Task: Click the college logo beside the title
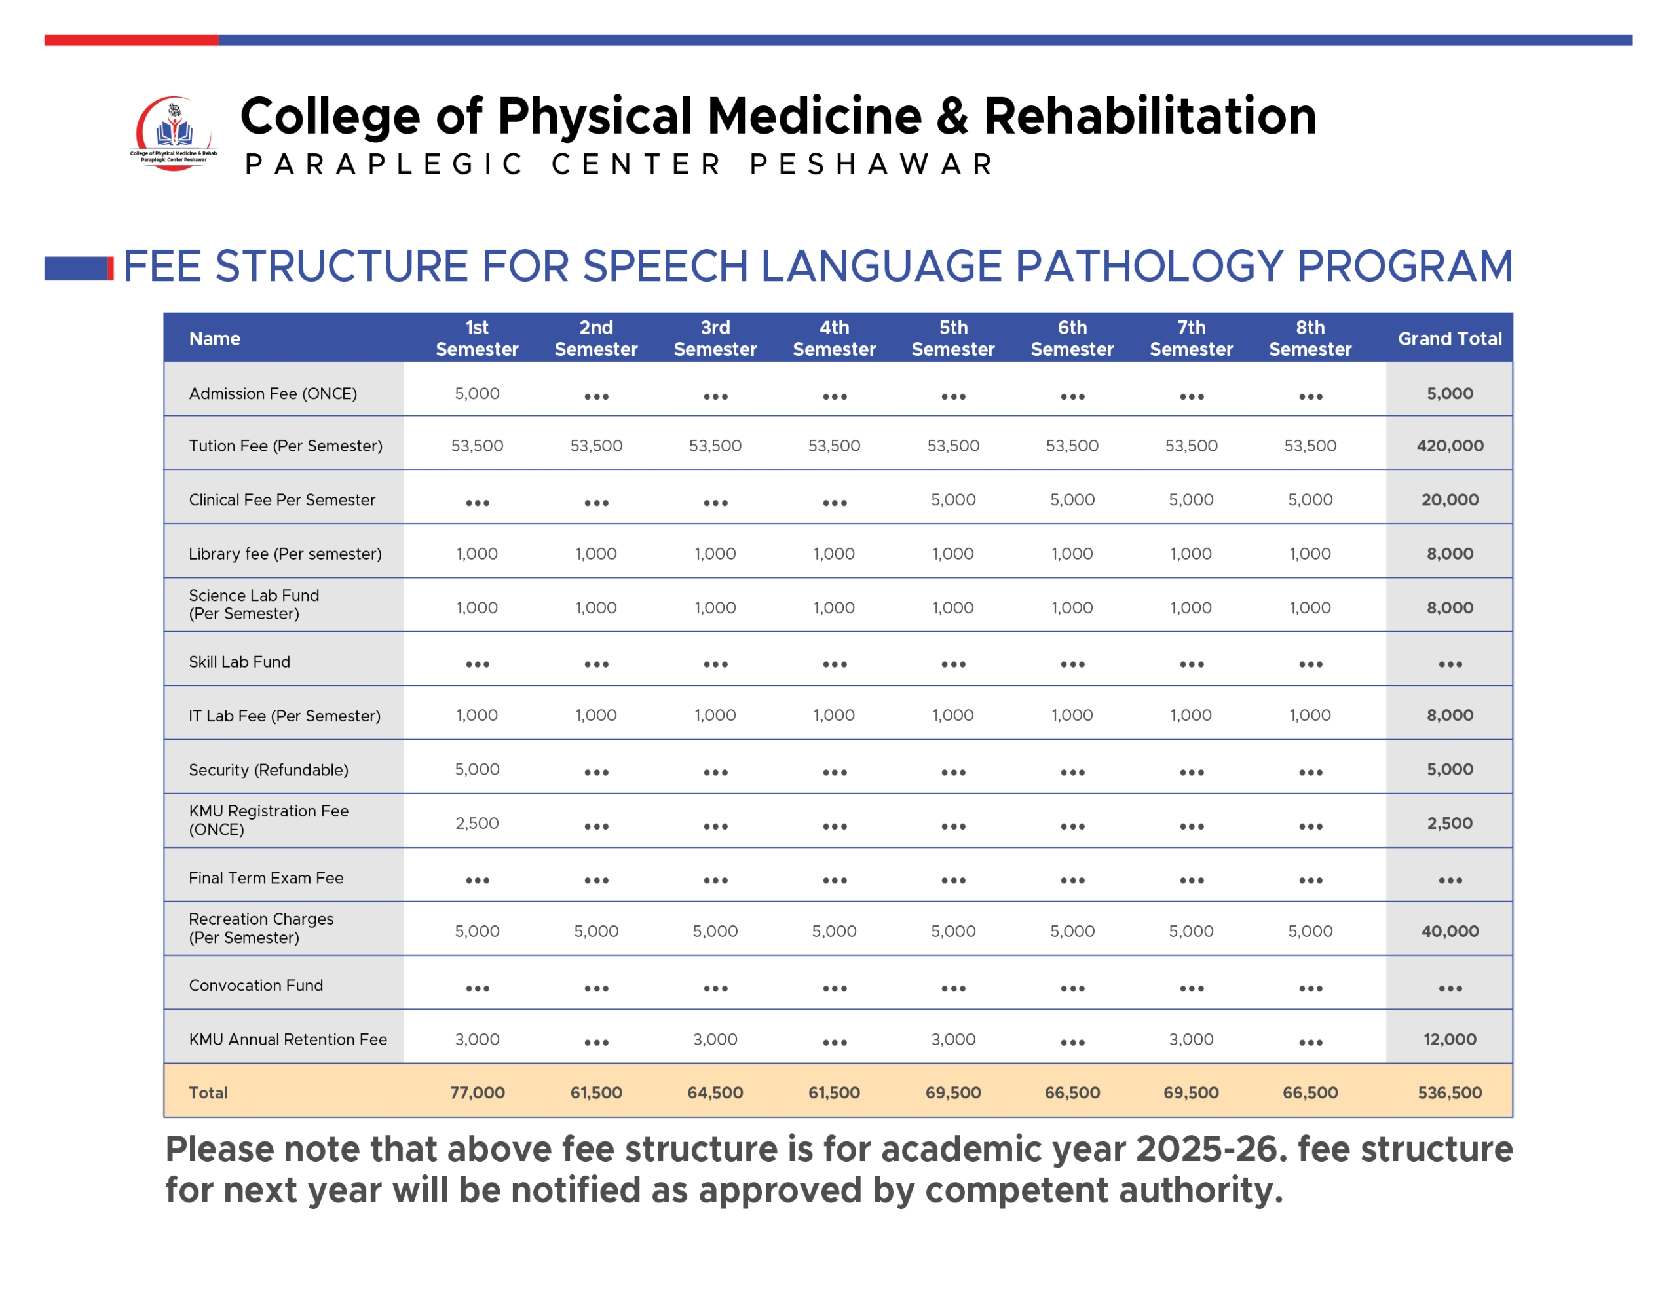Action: tap(174, 133)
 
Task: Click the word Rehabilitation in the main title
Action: tap(1150, 116)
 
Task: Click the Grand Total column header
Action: tap(1450, 339)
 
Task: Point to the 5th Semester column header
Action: tap(953, 339)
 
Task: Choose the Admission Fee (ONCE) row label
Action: tap(273, 394)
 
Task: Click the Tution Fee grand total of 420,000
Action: tap(1450, 446)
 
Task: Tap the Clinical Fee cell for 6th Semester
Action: tap(1072, 500)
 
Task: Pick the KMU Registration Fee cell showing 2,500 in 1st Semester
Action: tap(477, 823)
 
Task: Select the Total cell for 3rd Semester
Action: tap(715, 1093)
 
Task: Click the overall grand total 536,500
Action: tap(1450, 1093)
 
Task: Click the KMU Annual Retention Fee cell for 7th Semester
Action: tap(1191, 1039)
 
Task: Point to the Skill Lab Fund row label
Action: tap(240, 662)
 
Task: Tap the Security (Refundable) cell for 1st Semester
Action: tap(477, 769)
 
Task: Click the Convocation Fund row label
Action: tap(255, 986)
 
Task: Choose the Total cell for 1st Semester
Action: tap(477, 1093)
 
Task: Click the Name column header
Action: tap(215, 339)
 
